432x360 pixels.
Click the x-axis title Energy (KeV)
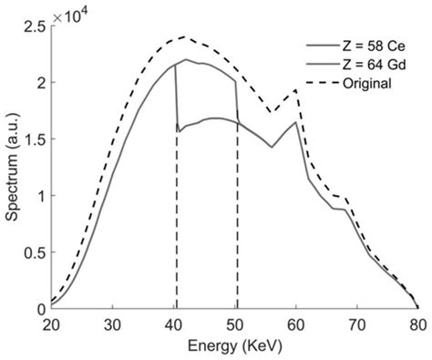click(235, 346)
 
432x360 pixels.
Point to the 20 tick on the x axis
click(51, 324)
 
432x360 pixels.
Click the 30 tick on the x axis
click(112, 324)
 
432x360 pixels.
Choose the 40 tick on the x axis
click(174, 324)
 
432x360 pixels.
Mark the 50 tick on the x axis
click(235, 324)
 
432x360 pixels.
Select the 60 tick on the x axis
click(296, 324)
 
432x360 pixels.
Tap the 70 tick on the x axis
click(357, 324)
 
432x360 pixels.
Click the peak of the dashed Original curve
click(186, 37)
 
